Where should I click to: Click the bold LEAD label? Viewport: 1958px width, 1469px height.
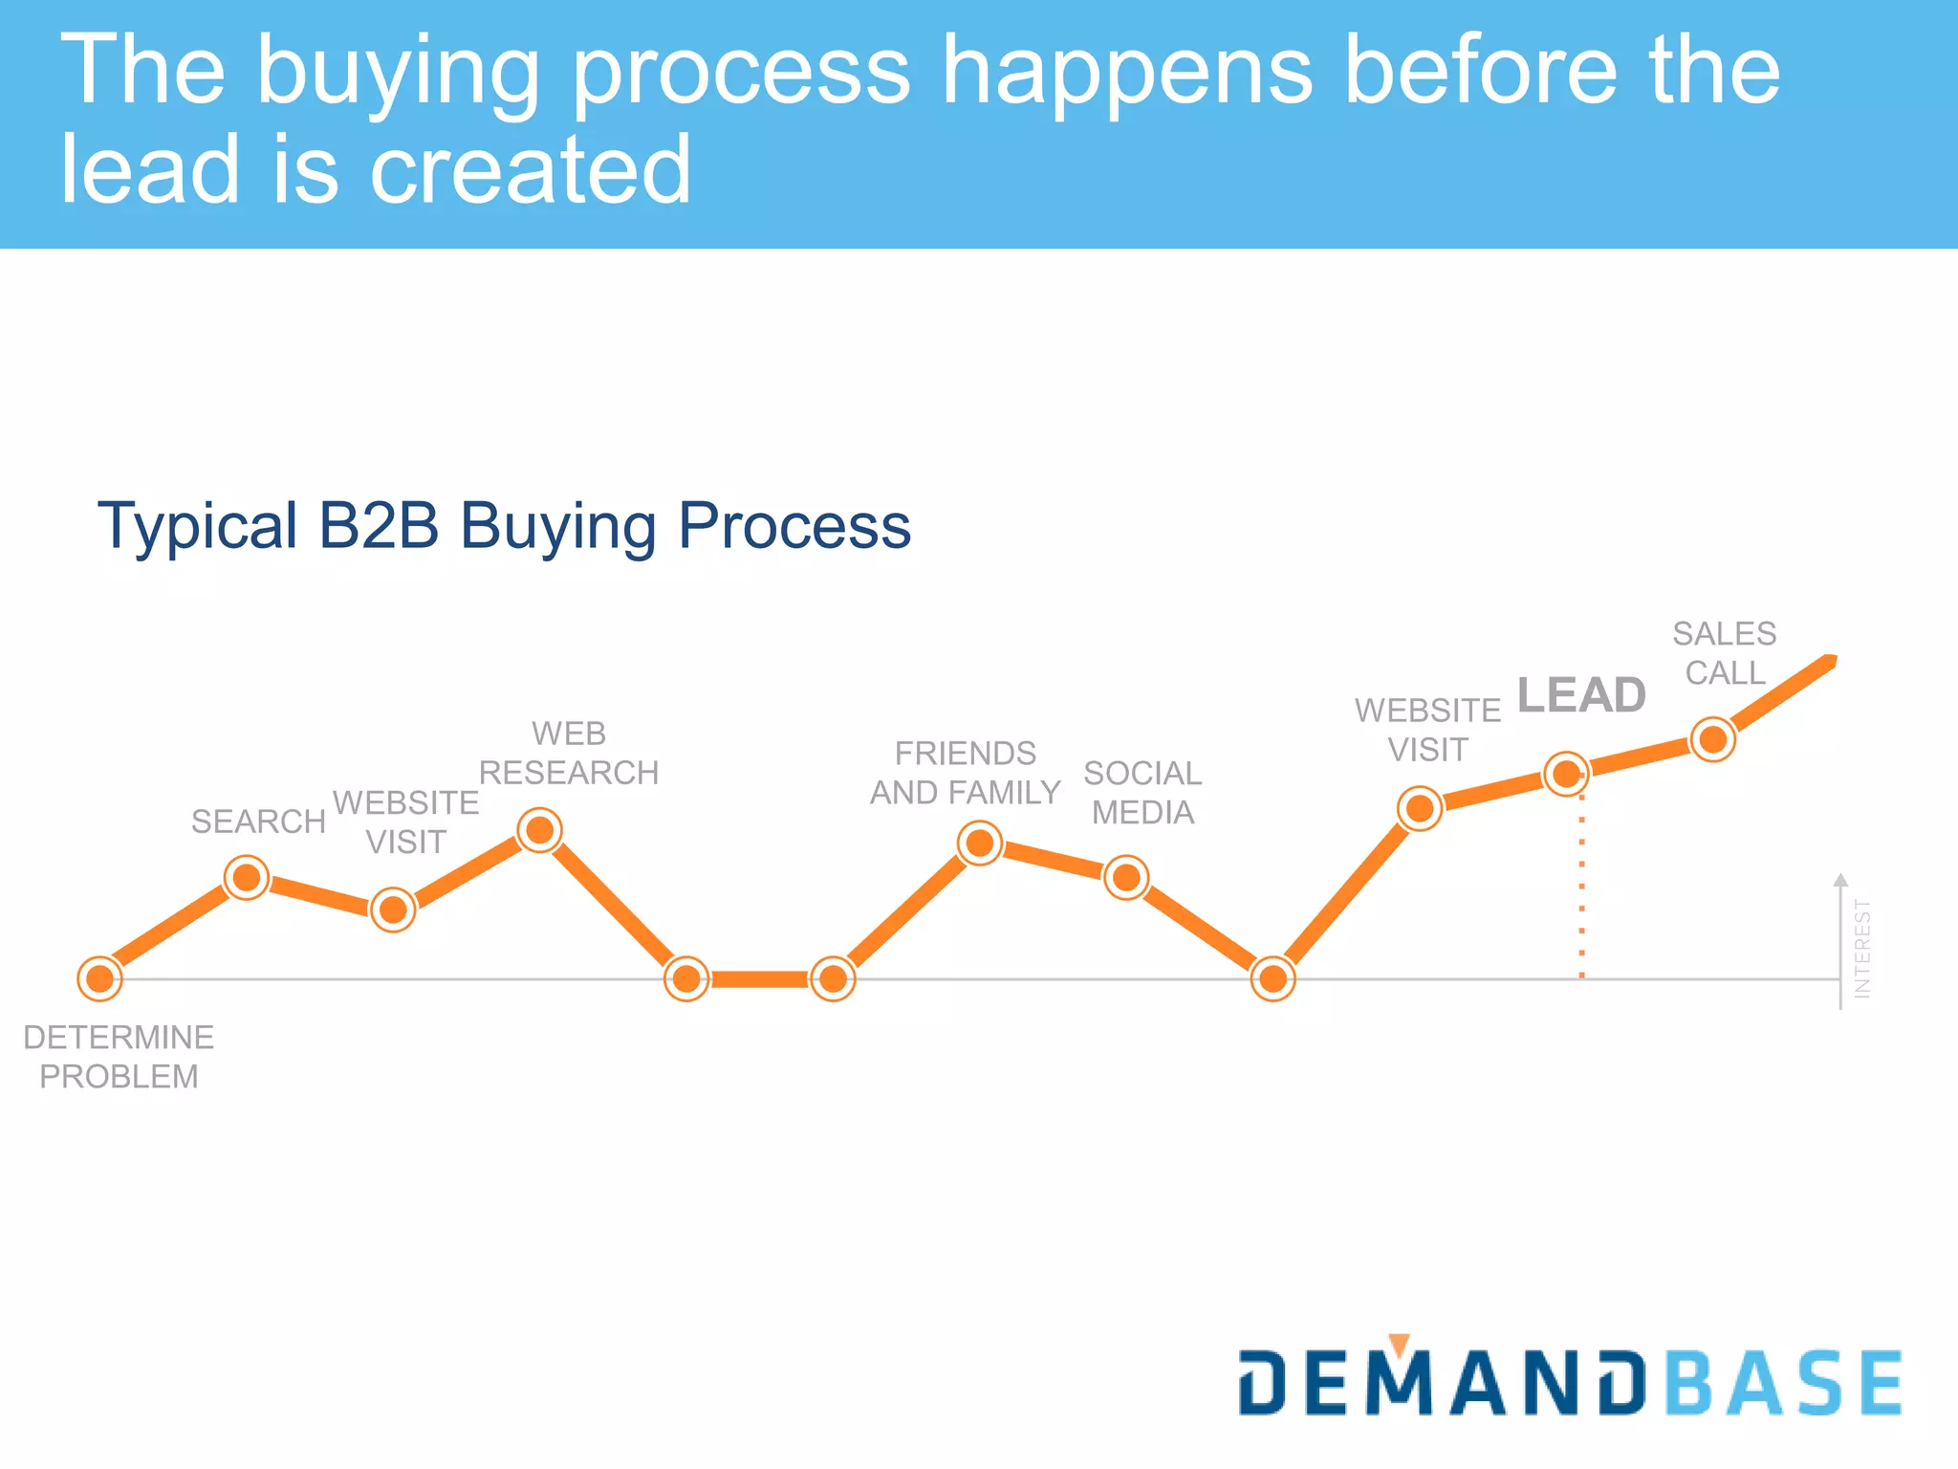tap(1581, 694)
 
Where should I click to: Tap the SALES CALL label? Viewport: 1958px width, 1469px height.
tap(1725, 653)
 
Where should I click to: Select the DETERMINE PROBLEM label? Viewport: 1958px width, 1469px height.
tap(119, 1057)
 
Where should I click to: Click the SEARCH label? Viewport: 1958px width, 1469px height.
tap(258, 822)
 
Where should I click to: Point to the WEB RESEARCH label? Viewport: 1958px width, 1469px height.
tap(569, 754)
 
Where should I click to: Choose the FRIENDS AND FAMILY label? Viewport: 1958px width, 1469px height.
tap(965, 773)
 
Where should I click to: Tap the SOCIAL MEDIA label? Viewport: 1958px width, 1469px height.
tap(1142, 793)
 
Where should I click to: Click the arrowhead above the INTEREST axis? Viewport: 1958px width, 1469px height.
tap(1840, 880)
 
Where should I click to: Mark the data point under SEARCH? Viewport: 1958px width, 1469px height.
tap(247, 877)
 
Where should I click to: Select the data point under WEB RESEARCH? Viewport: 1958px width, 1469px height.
tap(540, 830)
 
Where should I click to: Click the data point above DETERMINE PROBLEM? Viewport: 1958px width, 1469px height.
tap(99, 978)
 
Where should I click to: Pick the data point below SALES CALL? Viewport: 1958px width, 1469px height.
tap(1712, 739)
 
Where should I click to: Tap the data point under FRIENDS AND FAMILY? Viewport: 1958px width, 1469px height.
tap(980, 844)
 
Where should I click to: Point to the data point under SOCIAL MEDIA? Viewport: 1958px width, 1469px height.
tap(1126, 877)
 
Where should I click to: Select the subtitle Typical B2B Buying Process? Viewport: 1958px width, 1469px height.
tap(504, 526)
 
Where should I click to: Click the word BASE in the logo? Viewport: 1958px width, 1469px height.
tap(1784, 1383)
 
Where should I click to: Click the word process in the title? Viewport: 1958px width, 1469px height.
tap(741, 72)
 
